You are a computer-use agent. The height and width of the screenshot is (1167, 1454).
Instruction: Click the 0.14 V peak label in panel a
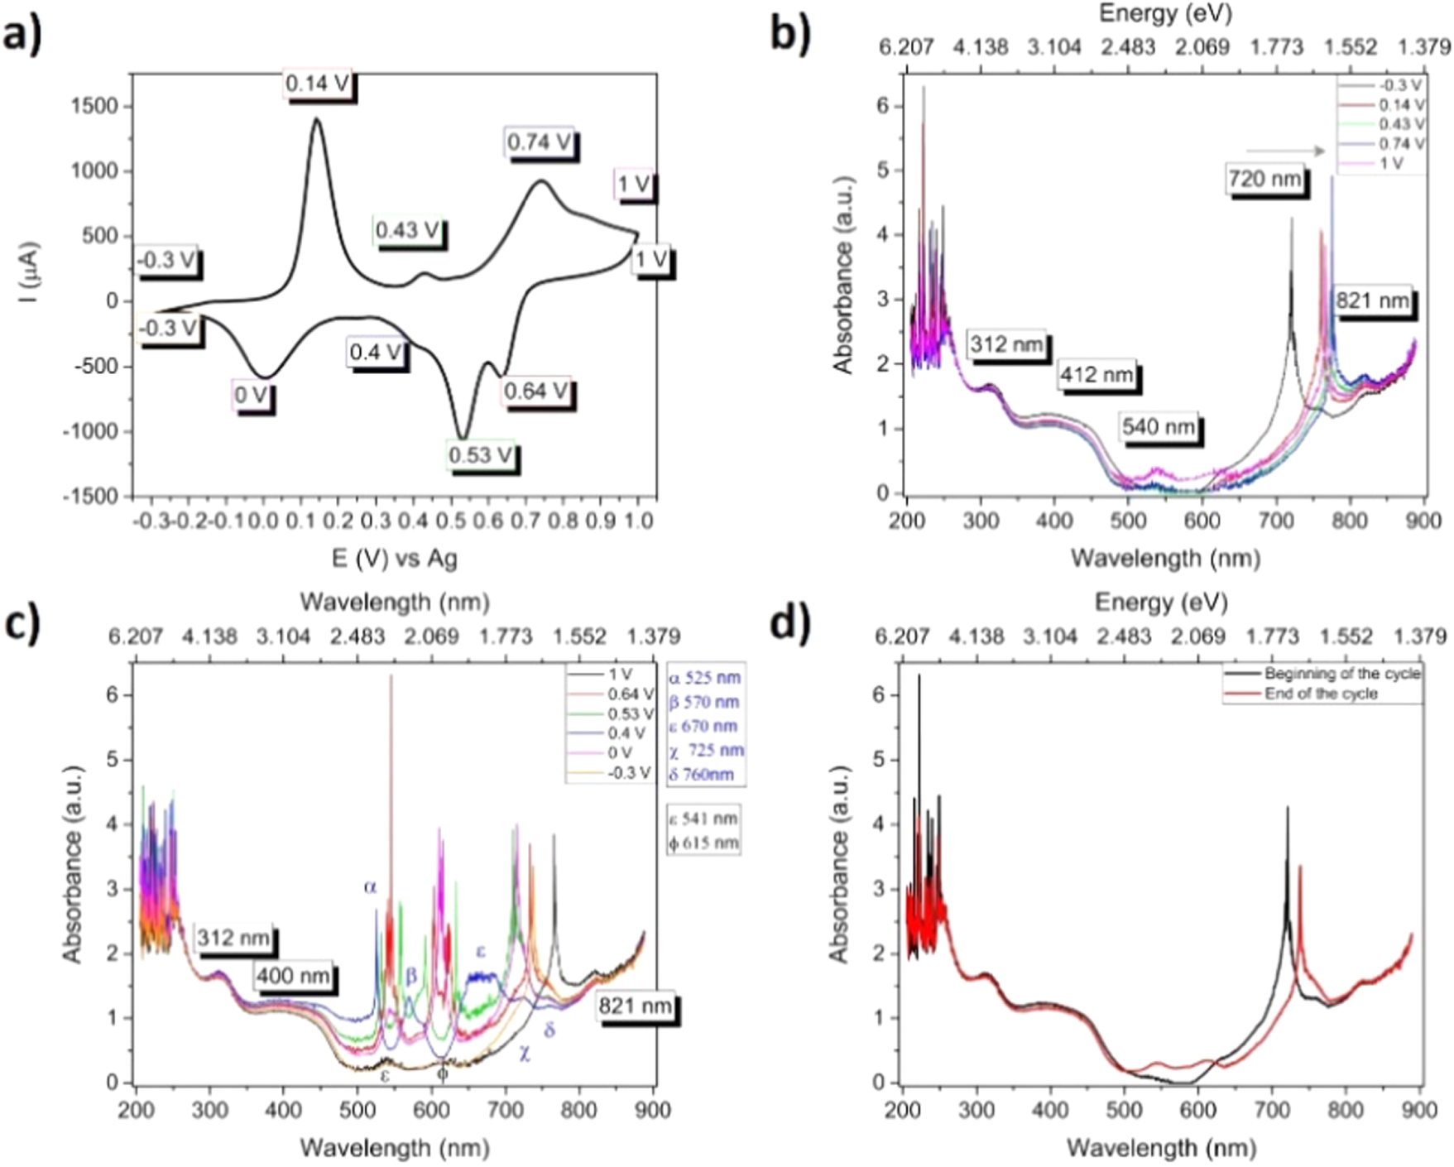(x=318, y=84)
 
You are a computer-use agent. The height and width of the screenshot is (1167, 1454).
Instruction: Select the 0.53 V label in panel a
(x=481, y=455)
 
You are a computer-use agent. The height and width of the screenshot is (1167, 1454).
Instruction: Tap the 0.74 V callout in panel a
(x=540, y=142)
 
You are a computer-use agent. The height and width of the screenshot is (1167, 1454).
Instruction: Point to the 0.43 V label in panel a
(x=407, y=230)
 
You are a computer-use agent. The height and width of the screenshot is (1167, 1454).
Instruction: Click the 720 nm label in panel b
(x=1264, y=179)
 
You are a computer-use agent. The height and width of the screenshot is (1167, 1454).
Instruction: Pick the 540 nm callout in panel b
(x=1159, y=427)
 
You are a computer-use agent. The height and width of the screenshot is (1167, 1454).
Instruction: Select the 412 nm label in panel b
(x=1096, y=375)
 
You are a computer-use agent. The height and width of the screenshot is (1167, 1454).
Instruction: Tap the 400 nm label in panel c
(x=293, y=976)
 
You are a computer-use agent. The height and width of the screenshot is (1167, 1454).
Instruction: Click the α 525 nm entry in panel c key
(x=705, y=678)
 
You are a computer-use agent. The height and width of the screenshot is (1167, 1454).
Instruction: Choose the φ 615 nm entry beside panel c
(x=703, y=843)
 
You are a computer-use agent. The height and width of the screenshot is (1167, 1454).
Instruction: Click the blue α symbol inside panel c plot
(x=370, y=886)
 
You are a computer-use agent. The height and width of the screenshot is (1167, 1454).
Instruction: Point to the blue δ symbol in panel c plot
(x=549, y=1030)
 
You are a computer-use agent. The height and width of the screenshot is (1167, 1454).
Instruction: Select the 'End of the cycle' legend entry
(x=1321, y=694)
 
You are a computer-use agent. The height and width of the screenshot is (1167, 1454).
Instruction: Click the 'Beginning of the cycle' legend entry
(x=1341, y=674)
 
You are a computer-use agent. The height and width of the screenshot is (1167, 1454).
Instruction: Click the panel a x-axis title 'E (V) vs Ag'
(x=394, y=558)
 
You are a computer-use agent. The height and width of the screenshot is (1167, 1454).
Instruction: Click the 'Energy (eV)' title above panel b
(x=1164, y=14)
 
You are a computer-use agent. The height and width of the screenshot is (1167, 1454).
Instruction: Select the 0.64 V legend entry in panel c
(x=630, y=694)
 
